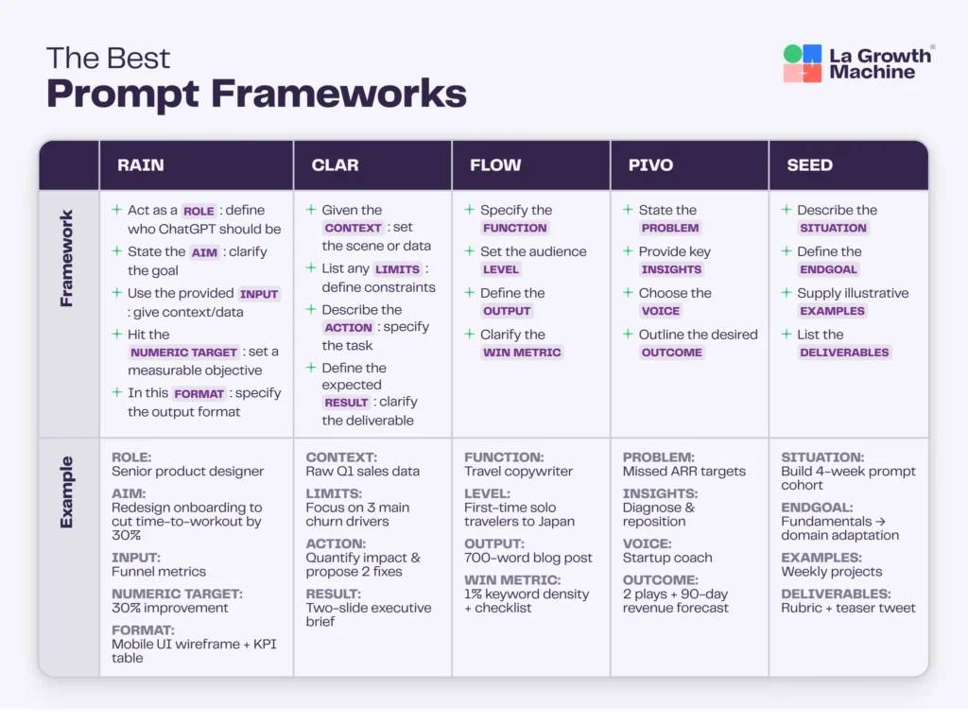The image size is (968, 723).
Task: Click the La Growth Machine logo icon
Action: coord(803,63)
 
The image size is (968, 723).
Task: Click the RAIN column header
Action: coord(141,165)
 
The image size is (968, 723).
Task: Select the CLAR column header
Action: coord(335,165)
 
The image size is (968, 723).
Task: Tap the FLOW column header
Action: coord(495,165)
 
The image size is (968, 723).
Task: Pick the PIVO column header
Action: coord(650,165)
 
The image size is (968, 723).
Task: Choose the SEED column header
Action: coord(809,165)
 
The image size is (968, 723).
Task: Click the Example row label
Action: coord(67,492)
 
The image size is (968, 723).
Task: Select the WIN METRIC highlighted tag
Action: coord(522,353)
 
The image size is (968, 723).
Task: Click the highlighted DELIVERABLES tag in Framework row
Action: coord(844,353)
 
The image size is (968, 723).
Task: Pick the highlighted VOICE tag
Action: coord(661,311)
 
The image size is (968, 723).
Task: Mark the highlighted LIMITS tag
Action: coord(397,269)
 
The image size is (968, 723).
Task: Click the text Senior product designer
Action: coord(187,472)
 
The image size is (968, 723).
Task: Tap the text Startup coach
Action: coord(667,558)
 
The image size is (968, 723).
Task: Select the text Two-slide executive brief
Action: coord(369,614)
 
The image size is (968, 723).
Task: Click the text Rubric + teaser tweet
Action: coord(848,608)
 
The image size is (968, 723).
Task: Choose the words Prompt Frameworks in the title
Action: coord(256,95)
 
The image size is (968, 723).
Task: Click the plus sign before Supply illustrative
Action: coord(786,293)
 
